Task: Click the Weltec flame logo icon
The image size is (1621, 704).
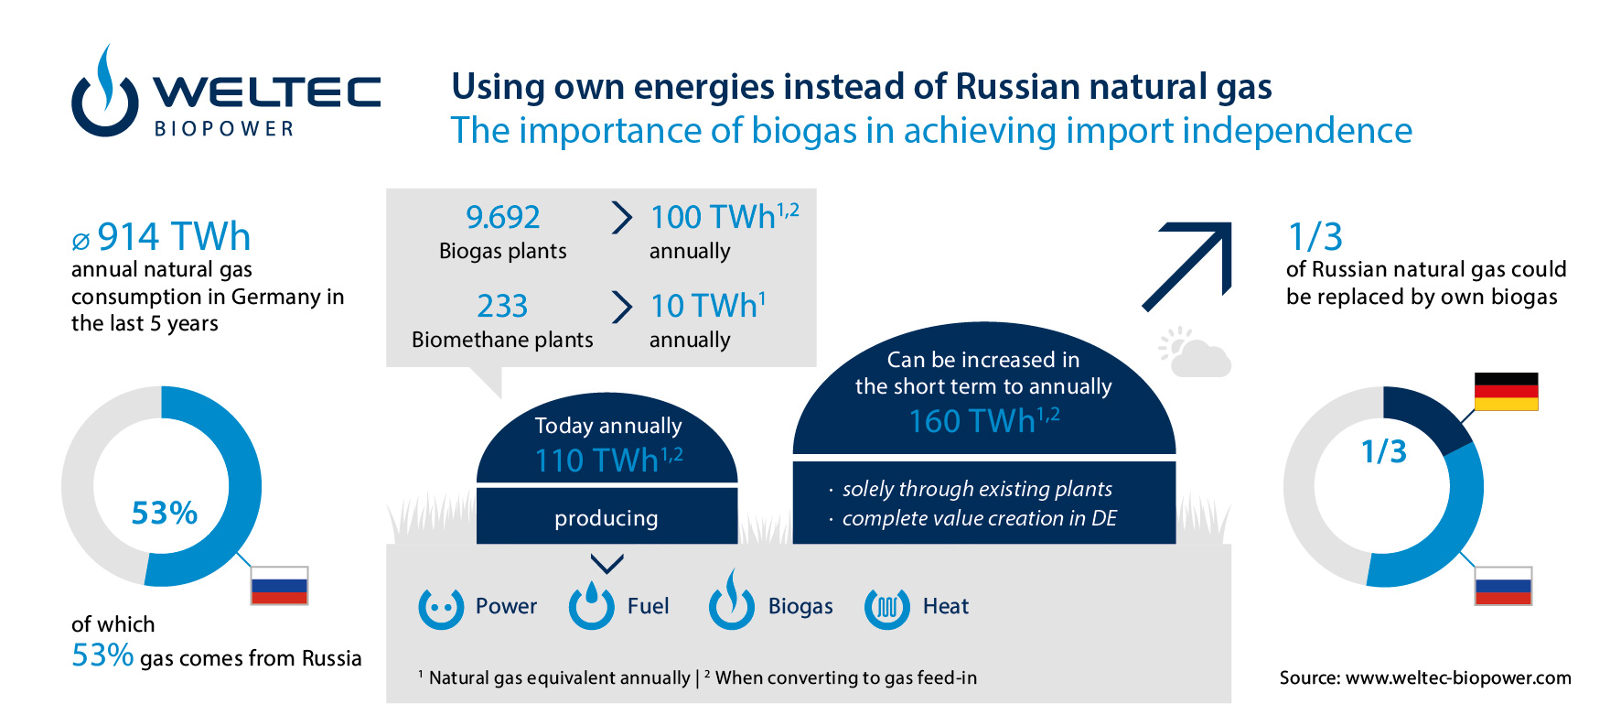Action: [x=105, y=92]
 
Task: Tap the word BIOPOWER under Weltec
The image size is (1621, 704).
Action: [x=224, y=129]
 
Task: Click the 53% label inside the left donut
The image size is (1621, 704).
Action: [x=165, y=513]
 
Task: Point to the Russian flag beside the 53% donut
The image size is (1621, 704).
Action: [x=279, y=586]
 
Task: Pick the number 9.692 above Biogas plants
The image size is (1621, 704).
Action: [x=502, y=217]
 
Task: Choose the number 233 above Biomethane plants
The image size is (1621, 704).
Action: [x=502, y=306]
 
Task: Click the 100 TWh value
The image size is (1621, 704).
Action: [x=725, y=216]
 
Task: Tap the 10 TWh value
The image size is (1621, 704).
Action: [x=708, y=305]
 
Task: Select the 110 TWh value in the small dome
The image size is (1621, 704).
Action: [x=608, y=460]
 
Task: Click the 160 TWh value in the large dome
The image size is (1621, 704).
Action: [x=984, y=420]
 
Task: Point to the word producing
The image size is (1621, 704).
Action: [x=606, y=518]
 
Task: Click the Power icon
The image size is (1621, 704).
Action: [x=441, y=607]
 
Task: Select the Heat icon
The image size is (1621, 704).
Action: [x=886, y=607]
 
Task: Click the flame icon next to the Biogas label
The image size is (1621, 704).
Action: [x=732, y=600]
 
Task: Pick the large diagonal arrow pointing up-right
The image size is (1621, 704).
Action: [x=1186, y=266]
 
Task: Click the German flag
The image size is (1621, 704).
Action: [x=1506, y=391]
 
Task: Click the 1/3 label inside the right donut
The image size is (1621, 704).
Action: [x=1383, y=451]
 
